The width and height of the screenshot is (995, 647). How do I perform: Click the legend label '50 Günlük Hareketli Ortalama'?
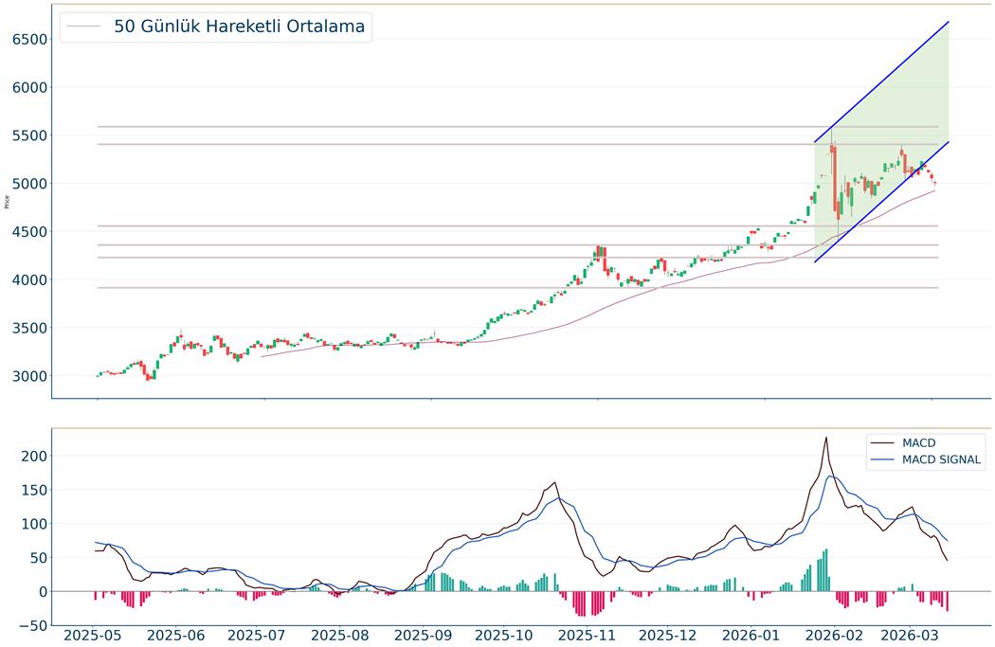coord(239,27)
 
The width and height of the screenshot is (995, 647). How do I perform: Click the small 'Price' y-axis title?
coord(7,201)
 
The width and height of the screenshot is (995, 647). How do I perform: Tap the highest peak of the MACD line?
coord(826,438)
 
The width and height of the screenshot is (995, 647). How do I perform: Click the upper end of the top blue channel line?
coord(949,22)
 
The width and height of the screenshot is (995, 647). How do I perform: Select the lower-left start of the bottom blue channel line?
coord(815,261)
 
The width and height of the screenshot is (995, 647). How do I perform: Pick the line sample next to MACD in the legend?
coord(883,442)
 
